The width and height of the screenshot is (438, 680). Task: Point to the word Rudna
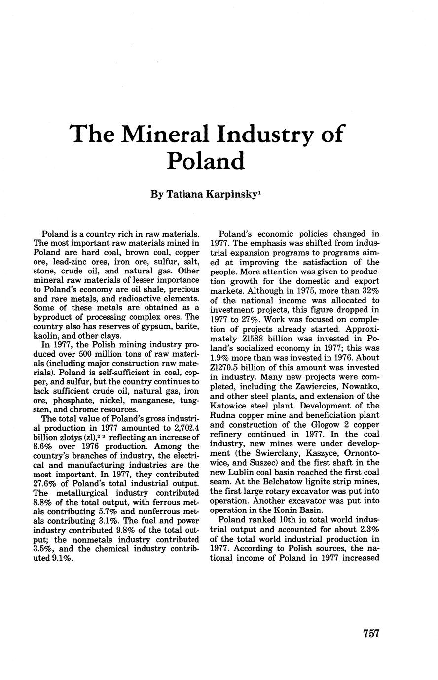(223, 415)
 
